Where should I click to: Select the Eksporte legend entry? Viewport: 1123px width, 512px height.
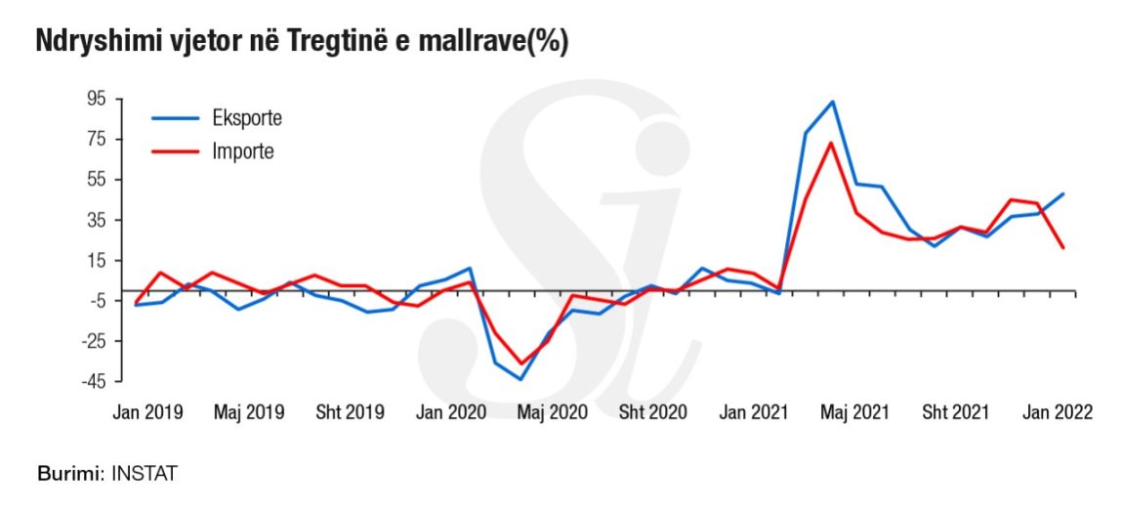click(247, 118)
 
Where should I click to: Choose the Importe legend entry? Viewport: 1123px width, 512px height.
click(243, 151)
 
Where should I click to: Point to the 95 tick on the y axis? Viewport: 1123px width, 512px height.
click(95, 99)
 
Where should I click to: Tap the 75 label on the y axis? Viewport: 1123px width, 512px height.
click(95, 139)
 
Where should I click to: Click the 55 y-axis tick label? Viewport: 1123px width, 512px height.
click(95, 180)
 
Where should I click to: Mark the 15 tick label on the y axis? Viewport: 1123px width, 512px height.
click(95, 260)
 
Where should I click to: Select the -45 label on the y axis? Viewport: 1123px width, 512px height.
click(93, 381)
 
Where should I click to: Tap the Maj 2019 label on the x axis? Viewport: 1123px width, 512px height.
click(248, 412)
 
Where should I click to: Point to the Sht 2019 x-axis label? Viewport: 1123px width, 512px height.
click(350, 412)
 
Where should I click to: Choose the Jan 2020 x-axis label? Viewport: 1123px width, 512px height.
click(451, 412)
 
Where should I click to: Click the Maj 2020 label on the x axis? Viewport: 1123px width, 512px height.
click(552, 412)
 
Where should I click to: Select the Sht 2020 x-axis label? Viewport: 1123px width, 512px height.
click(653, 412)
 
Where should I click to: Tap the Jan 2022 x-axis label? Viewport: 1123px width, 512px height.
click(1058, 412)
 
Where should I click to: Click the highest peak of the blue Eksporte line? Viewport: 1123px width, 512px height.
click(832, 102)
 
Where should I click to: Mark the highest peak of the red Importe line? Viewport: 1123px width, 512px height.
click(830, 144)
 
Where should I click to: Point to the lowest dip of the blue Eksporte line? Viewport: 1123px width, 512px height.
click(521, 379)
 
